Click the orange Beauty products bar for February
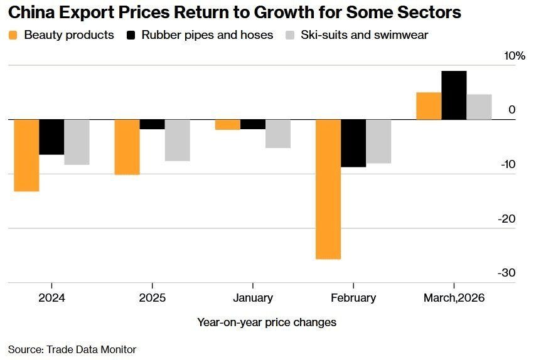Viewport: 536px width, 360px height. coord(328,189)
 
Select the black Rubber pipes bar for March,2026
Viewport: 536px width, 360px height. coord(454,95)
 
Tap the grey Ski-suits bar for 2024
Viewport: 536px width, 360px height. coord(77,142)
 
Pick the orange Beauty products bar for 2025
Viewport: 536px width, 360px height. coord(127,147)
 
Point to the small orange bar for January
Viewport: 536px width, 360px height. coord(227,124)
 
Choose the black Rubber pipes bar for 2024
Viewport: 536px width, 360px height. coord(51,137)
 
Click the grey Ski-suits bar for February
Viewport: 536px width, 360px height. coord(378,141)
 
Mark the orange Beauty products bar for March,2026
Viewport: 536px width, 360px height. coord(429,105)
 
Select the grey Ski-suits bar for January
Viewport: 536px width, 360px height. coord(277,134)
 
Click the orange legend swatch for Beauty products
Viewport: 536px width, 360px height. coord(13,35)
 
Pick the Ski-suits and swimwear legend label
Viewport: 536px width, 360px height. coord(364,35)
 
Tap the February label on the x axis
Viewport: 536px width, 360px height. coord(353,298)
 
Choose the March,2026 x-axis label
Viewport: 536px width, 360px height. coord(454,298)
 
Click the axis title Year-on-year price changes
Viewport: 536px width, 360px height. coord(267,322)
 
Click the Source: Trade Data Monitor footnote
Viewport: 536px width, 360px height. coord(72,349)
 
